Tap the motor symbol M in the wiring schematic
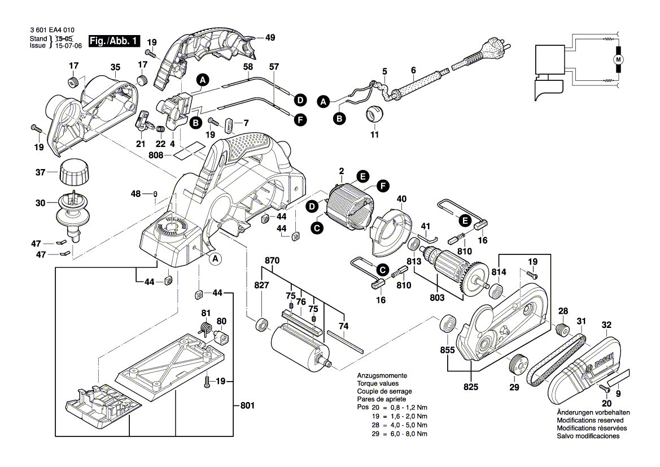tap(618, 59)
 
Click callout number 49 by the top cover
tap(270, 38)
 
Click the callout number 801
tap(247, 406)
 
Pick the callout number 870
tap(272, 261)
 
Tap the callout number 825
tap(470, 387)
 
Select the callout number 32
tap(606, 325)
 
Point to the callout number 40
tap(402, 198)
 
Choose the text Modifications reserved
tap(590, 421)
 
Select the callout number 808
tap(156, 154)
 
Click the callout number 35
tap(115, 67)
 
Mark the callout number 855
tap(448, 351)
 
